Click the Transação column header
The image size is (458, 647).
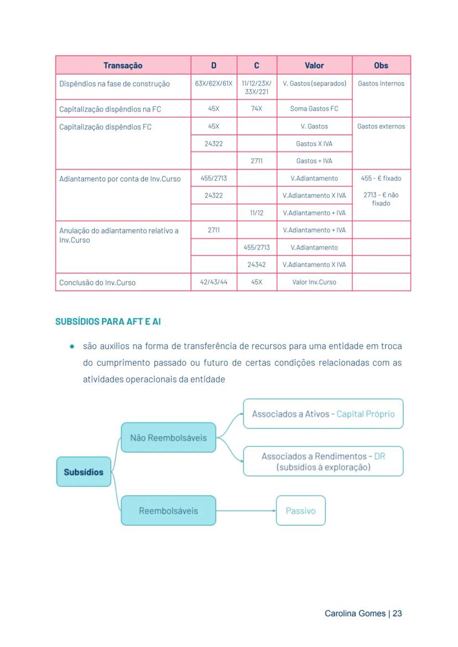point(123,65)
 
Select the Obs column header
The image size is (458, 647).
point(381,65)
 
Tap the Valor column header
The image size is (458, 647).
point(314,65)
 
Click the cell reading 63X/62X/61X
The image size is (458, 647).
point(214,84)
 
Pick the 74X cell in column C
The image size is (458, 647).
point(257,108)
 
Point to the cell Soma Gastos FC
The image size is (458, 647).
point(314,108)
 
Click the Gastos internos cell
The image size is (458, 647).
point(381,84)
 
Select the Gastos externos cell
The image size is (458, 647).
point(381,126)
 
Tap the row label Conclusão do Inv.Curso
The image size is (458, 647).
point(97,282)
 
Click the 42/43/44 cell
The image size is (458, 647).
point(214,282)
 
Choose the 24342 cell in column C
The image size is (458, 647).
point(257,265)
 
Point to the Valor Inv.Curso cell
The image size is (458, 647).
point(314,282)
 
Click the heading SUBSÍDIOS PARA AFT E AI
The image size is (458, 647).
point(108,322)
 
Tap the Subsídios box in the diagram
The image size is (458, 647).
point(84,472)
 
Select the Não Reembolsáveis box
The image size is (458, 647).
point(168,438)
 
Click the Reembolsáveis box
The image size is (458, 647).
point(168,511)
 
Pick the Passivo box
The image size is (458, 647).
point(300,511)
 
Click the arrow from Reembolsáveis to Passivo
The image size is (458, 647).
point(246,511)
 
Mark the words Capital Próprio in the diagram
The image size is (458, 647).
point(366,414)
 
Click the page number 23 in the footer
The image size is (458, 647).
point(397,614)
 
